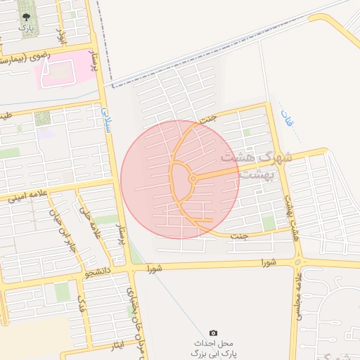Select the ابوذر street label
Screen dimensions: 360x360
click(61, 37)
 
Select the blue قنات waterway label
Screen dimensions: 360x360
click(286, 119)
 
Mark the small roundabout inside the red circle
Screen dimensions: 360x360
click(193, 179)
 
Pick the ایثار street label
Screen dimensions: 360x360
click(117, 344)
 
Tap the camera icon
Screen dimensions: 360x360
click(214, 333)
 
